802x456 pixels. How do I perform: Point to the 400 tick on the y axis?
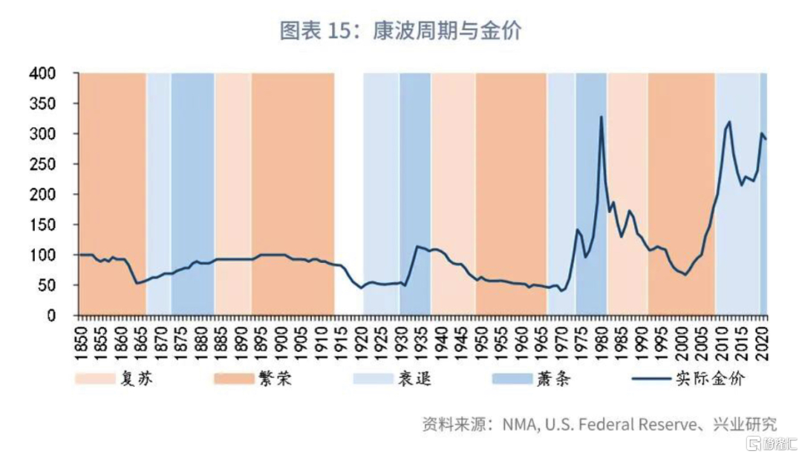click(x=44, y=74)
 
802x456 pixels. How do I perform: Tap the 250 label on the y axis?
click(x=44, y=164)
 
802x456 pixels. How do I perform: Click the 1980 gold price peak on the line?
click(x=601, y=117)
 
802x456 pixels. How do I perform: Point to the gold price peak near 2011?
click(x=729, y=122)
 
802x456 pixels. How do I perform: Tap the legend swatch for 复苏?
click(x=95, y=379)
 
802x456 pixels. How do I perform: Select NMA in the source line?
click(x=519, y=425)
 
